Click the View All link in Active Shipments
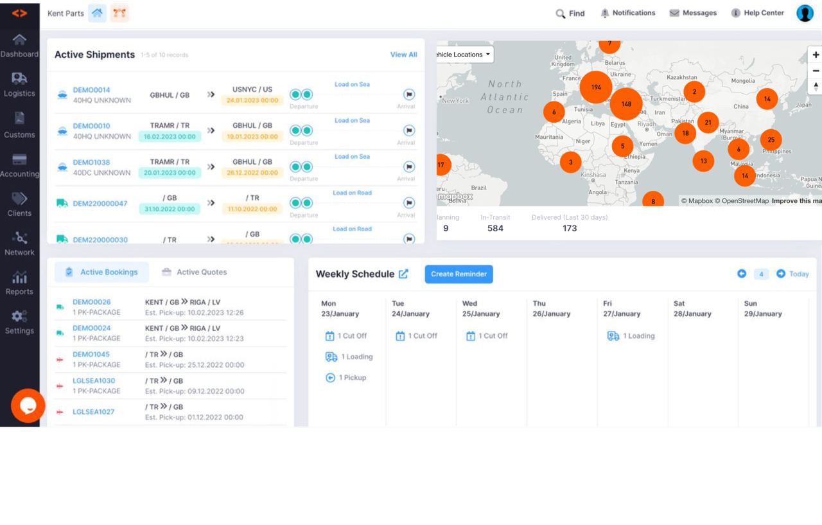(x=403, y=55)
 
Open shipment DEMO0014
(x=91, y=90)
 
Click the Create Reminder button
(x=459, y=274)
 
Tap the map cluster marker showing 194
(x=596, y=87)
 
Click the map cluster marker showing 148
(x=626, y=104)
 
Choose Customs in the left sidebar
(x=19, y=125)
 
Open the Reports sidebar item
(x=19, y=283)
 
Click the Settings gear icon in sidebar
(x=19, y=316)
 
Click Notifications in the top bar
(x=627, y=13)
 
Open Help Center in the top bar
(x=757, y=13)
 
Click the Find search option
(x=570, y=13)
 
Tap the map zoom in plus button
(x=816, y=55)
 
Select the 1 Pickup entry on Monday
(x=346, y=378)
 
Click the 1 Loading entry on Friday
(x=631, y=336)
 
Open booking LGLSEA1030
(x=94, y=380)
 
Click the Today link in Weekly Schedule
(x=799, y=274)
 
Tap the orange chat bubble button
(x=28, y=405)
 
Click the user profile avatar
(x=805, y=13)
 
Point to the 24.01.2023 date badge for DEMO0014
(x=252, y=100)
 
